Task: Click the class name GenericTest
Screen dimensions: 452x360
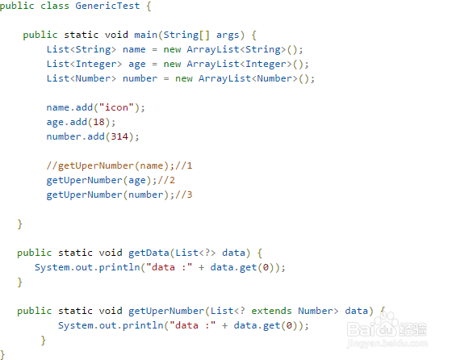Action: tap(107, 6)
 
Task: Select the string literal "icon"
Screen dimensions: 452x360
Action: tap(116, 107)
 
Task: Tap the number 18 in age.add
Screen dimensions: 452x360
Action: tap(98, 122)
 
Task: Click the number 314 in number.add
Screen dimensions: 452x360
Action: tap(119, 136)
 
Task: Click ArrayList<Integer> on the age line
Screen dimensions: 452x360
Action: tap(239, 64)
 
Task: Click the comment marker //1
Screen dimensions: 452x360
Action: tap(183, 165)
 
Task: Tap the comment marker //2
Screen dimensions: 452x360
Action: tap(166, 180)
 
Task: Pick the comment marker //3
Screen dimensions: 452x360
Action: tap(183, 195)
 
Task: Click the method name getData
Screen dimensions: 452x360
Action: tap(149, 253)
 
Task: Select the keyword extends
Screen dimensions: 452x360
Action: tap(271, 311)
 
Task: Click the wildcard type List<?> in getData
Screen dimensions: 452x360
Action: tap(195, 253)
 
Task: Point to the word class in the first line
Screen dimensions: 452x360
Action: tap(55, 6)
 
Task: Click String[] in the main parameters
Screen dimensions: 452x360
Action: tap(186, 35)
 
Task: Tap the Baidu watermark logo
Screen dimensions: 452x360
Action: tap(387, 329)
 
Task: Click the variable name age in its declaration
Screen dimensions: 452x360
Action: tap(137, 64)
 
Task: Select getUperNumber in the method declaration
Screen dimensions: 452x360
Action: tap(166, 311)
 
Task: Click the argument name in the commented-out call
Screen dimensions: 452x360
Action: tap(152, 165)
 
